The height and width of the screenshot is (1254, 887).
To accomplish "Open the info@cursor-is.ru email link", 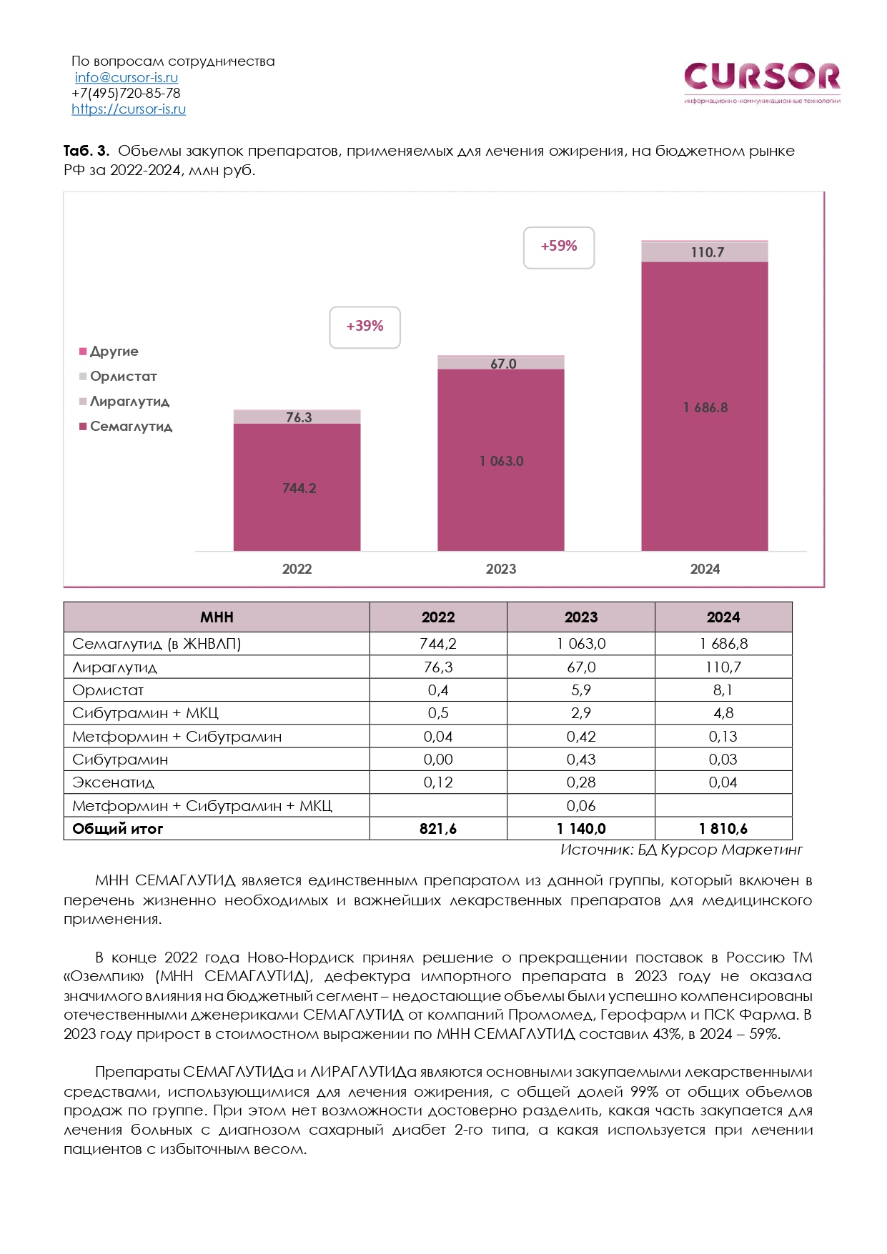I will [127, 77].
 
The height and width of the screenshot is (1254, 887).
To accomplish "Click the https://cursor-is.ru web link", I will [129, 109].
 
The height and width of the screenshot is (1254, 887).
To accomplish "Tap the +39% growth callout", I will [365, 327].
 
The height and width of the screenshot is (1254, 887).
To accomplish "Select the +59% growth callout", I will [559, 247].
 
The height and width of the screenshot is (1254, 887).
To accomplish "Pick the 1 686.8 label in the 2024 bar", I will [705, 407].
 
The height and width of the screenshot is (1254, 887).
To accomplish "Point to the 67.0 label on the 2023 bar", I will [503, 364].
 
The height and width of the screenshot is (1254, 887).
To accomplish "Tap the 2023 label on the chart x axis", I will [500, 569].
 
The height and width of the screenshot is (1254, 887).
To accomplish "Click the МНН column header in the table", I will [217, 617].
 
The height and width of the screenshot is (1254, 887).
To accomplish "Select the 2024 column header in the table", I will [723, 617].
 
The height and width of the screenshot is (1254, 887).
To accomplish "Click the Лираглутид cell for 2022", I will [438, 667].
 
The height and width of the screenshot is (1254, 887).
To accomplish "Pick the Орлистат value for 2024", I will [723, 690].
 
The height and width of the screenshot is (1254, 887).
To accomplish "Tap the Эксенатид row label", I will [114, 782].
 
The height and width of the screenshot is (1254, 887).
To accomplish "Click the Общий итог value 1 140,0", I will [580, 829].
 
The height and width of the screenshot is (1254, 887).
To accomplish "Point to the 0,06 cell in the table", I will [580, 806].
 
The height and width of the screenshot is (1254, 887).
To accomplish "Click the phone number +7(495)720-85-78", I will [126, 93].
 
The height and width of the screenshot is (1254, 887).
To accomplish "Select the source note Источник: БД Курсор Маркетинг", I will [681, 850].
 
